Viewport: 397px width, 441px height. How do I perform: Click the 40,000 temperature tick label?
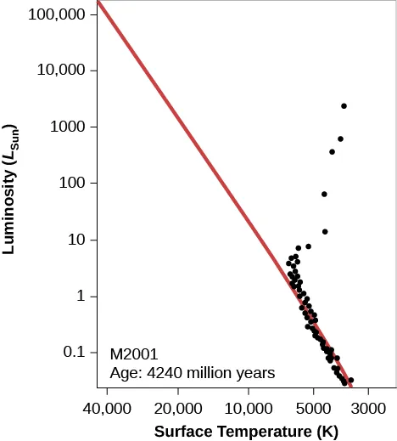(107, 407)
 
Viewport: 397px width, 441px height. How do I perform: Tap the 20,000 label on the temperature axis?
(178, 407)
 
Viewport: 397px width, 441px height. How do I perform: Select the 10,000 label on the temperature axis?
(249, 407)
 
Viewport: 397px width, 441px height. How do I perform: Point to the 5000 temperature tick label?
(313, 407)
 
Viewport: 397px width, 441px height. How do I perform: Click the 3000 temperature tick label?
(369, 407)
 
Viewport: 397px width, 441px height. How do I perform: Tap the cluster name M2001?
(134, 353)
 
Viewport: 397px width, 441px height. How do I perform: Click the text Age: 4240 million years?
(193, 371)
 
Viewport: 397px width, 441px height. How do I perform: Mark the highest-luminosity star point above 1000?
(344, 106)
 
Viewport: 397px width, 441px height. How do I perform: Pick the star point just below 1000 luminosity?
(340, 139)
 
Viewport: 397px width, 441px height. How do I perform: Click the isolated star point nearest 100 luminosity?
(324, 195)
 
